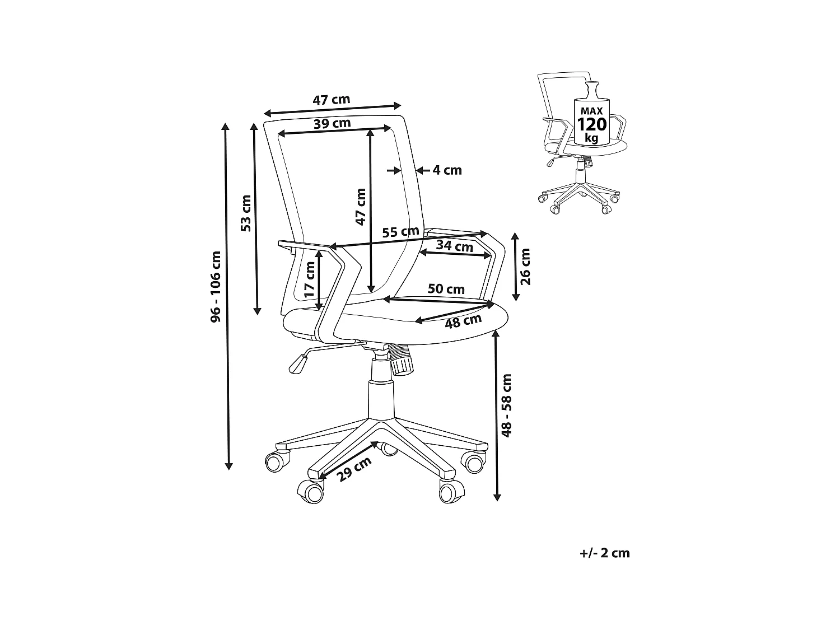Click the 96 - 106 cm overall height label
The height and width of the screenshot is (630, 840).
[x=216, y=287]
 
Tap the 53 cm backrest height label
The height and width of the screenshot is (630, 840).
[x=246, y=213]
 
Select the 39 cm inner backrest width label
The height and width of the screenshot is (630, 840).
[x=332, y=123]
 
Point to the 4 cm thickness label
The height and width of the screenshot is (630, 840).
[x=447, y=170]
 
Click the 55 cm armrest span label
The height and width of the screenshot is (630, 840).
[x=400, y=232]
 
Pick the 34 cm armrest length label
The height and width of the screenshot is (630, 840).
[x=454, y=246]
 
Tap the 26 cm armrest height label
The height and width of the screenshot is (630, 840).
[x=525, y=266]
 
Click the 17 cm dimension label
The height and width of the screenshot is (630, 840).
[x=310, y=279]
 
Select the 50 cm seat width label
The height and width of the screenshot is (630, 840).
[x=446, y=289]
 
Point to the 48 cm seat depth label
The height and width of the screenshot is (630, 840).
[x=463, y=321]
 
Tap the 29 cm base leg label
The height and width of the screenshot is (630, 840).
[x=355, y=469]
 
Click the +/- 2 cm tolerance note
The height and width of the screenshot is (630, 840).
[x=605, y=553]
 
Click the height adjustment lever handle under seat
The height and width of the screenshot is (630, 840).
[x=298, y=363]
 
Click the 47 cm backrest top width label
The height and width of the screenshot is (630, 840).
[x=331, y=100]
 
